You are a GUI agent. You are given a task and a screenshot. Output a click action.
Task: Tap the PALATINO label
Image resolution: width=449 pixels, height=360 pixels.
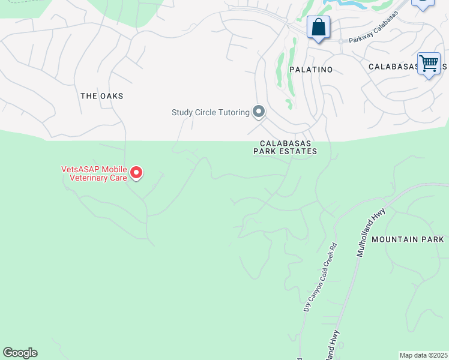point(310,70)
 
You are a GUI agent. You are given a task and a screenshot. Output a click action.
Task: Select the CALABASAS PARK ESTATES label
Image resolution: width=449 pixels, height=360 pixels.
point(288,148)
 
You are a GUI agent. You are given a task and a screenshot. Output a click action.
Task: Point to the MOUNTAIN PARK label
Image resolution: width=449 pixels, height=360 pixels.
point(407,239)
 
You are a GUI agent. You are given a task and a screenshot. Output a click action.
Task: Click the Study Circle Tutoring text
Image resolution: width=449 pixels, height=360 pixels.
point(211,112)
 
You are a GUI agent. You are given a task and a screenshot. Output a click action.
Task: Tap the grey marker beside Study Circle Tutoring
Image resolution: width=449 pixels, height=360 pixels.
point(259,112)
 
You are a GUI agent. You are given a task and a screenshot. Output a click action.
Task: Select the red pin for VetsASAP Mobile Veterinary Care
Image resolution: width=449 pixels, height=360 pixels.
point(137,173)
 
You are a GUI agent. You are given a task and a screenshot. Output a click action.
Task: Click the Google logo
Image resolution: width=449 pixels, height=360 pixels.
point(20,353)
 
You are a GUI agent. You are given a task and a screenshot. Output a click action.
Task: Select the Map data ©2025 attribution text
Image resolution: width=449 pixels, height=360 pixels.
point(424,355)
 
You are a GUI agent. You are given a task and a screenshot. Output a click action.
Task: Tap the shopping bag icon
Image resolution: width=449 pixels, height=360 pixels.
point(319,28)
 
